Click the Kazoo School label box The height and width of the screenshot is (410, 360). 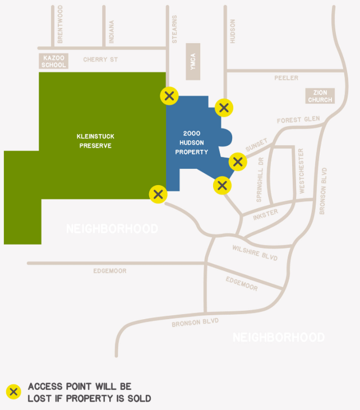tap(53, 61)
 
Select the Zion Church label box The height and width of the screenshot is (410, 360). tap(320, 96)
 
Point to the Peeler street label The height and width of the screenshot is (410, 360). tap(286, 78)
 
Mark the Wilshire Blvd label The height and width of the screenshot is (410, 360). tap(254, 252)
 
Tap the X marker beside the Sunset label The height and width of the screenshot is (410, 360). tap(238, 162)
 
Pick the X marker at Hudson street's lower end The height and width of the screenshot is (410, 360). tap(224, 107)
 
